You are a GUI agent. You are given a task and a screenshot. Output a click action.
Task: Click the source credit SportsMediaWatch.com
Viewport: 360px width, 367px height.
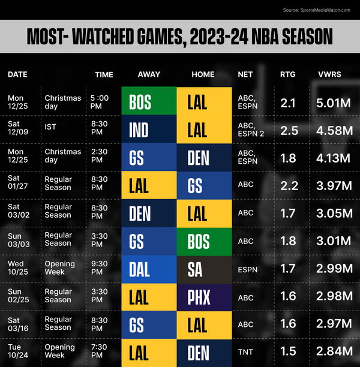[x=316, y=10]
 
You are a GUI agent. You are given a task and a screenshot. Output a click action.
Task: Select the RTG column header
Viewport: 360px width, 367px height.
[x=287, y=74]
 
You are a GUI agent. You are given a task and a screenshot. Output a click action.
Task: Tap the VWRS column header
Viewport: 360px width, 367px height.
[x=330, y=74]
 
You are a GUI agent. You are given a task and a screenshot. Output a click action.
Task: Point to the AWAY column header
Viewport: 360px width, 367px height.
[x=149, y=74]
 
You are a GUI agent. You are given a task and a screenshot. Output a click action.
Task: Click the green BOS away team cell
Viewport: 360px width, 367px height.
[x=149, y=102]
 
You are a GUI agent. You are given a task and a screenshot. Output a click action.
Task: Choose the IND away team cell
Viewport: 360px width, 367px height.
[x=149, y=130]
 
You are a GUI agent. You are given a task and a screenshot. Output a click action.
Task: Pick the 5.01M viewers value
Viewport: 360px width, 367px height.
[x=333, y=103]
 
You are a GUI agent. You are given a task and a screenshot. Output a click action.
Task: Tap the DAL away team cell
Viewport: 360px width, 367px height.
[x=149, y=269]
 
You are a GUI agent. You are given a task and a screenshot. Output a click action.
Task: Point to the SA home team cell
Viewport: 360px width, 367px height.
[x=204, y=269]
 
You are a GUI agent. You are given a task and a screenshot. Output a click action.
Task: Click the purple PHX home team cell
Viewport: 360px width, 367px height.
[x=204, y=297]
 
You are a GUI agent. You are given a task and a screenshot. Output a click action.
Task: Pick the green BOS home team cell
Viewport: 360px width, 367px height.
[x=204, y=242]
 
